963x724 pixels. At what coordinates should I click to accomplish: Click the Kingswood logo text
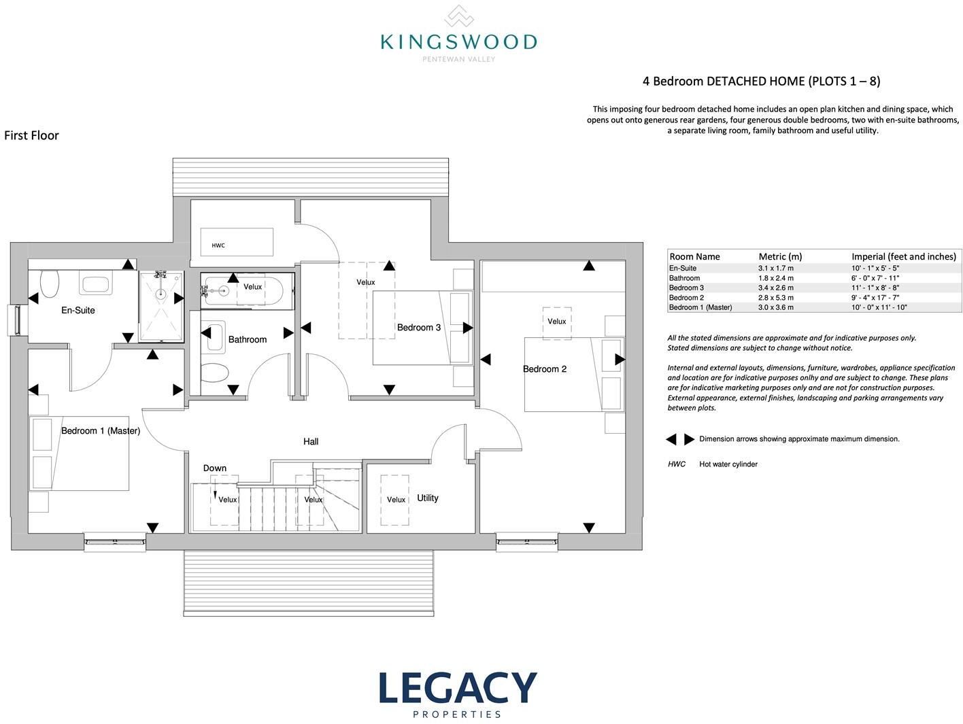pos(458,42)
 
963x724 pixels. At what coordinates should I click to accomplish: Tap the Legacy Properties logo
pos(458,695)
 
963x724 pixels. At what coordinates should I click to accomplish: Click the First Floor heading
pos(31,135)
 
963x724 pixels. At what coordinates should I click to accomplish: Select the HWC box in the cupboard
pos(237,241)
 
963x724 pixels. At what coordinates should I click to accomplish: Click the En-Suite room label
pos(78,311)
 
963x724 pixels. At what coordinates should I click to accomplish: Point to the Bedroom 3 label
pos(418,328)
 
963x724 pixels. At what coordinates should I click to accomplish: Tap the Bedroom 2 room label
pos(545,369)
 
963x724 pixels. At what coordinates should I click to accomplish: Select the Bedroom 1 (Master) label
pos(101,431)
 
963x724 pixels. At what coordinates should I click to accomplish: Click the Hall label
pos(311,442)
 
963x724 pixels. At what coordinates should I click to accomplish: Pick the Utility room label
pos(427,498)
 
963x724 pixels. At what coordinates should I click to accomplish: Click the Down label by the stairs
pos(214,468)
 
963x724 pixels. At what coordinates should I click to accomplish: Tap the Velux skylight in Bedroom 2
pos(557,323)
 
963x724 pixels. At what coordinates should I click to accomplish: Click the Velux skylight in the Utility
pos(395,500)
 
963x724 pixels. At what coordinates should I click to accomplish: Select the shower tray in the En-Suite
pos(161,306)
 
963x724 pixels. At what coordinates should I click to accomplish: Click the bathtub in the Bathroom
pos(248,291)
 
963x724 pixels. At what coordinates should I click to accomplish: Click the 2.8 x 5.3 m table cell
pos(776,298)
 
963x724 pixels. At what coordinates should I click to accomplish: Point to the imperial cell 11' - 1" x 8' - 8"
pos(875,288)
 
